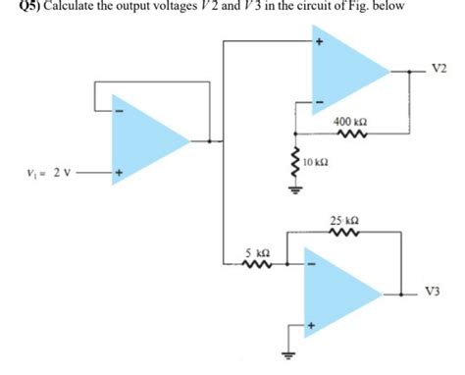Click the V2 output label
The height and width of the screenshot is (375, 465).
point(438,69)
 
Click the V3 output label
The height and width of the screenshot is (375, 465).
point(435,292)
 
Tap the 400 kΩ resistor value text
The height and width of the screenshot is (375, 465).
point(350,122)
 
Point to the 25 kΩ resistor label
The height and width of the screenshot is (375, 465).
point(346,222)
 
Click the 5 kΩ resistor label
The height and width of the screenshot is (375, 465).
point(255,253)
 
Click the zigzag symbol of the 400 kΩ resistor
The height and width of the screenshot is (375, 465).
point(350,135)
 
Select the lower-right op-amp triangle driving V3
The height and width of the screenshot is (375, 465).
point(339,291)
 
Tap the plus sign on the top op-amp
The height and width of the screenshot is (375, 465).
point(318,44)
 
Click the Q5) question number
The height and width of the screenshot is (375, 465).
point(16,9)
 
